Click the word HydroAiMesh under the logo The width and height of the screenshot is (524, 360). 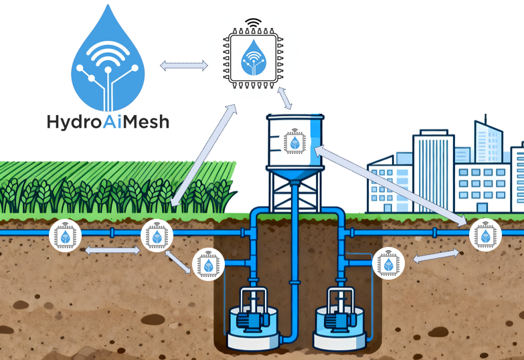(x=108, y=122)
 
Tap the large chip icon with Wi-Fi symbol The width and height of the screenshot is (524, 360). (x=254, y=58)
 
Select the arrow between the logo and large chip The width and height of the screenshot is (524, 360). (x=184, y=66)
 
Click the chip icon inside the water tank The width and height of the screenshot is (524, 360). (x=294, y=142)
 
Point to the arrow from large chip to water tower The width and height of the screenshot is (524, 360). (x=284, y=98)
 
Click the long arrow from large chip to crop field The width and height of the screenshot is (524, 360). (x=204, y=155)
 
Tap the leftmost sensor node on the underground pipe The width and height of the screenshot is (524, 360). (x=65, y=236)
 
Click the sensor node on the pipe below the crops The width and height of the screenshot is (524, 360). (x=157, y=236)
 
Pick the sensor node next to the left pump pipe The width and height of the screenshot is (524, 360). (x=208, y=264)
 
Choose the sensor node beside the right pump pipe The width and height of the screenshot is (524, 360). (x=388, y=263)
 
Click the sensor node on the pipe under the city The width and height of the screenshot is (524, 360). (x=485, y=235)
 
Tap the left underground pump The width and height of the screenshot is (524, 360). (x=253, y=319)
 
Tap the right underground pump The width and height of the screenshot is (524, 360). (x=340, y=319)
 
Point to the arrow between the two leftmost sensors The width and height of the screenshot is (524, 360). (x=112, y=250)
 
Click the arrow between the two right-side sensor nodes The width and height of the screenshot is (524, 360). (x=436, y=256)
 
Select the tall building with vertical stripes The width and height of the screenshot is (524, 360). (x=434, y=171)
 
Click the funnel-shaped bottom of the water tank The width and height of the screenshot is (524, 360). (x=295, y=175)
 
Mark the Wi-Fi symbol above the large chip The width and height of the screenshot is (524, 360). (x=254, y=22)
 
